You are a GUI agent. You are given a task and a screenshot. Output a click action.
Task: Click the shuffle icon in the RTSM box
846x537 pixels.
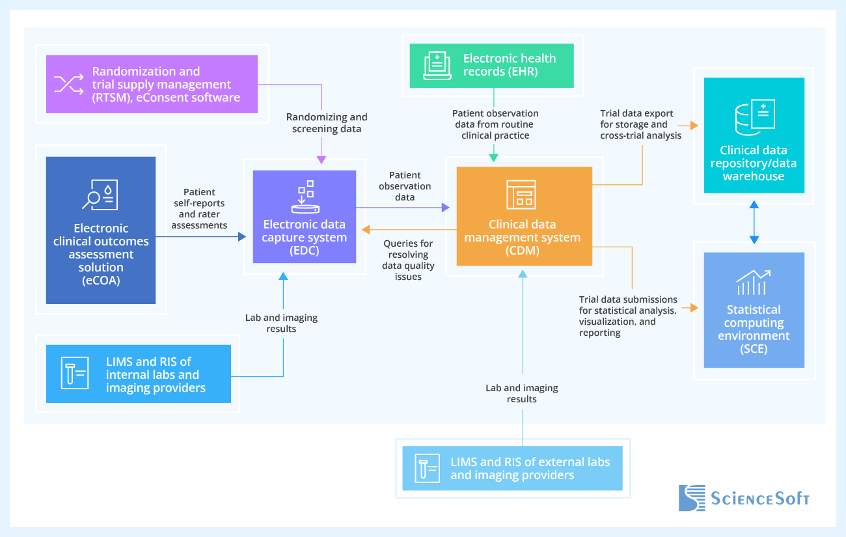68,84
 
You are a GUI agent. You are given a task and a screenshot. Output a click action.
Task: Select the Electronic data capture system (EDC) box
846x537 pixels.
304,217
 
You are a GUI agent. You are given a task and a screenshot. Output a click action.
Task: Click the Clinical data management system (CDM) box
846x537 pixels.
524,216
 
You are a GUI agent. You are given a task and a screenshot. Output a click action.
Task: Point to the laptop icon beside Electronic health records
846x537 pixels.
437,65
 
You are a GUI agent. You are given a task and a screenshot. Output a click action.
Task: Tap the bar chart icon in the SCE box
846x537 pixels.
754,282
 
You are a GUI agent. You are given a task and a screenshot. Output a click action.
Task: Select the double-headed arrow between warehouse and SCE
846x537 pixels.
754,223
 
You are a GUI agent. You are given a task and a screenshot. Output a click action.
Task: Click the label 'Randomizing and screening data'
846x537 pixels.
327,123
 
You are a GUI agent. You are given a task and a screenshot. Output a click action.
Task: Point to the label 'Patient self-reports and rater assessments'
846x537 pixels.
200,208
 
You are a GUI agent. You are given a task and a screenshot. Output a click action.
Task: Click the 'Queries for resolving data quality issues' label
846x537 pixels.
407,260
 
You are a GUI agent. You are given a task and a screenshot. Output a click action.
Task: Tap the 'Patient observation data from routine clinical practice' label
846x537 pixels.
495,124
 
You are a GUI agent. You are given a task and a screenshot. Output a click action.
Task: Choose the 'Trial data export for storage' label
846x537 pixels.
641,124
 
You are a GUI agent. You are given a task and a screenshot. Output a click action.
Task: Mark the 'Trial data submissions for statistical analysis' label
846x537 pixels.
628,316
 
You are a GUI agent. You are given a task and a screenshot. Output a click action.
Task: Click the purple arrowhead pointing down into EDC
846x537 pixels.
321,161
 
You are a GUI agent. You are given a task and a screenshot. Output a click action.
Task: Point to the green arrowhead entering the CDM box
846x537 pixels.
493,157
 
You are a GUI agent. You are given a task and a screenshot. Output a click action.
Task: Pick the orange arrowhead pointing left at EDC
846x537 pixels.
366,229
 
